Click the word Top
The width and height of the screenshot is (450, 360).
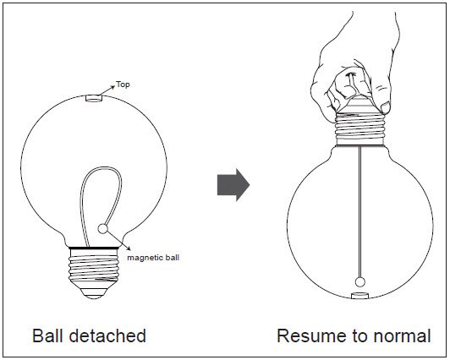(x=123, y=85)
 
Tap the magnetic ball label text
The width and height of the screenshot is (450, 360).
(x=153, y=258)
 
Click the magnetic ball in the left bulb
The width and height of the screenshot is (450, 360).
(x=102, y=229)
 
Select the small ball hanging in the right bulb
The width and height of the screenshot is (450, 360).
(x=359, y=282)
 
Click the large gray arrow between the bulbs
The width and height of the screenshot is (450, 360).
(x=233, y=185)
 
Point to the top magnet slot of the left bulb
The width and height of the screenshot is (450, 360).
(x=94, y=98)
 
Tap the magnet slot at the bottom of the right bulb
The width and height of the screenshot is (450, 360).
(x=359, y=296)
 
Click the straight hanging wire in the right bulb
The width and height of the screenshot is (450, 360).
(x=359, y=212)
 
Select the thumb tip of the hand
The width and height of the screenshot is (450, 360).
(x=385, y=107)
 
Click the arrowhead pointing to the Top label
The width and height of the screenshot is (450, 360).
(x=112, y=87)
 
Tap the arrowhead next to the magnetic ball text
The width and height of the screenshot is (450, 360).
(x=128, y=248)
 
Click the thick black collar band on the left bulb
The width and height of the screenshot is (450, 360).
(x=94, y=248)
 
